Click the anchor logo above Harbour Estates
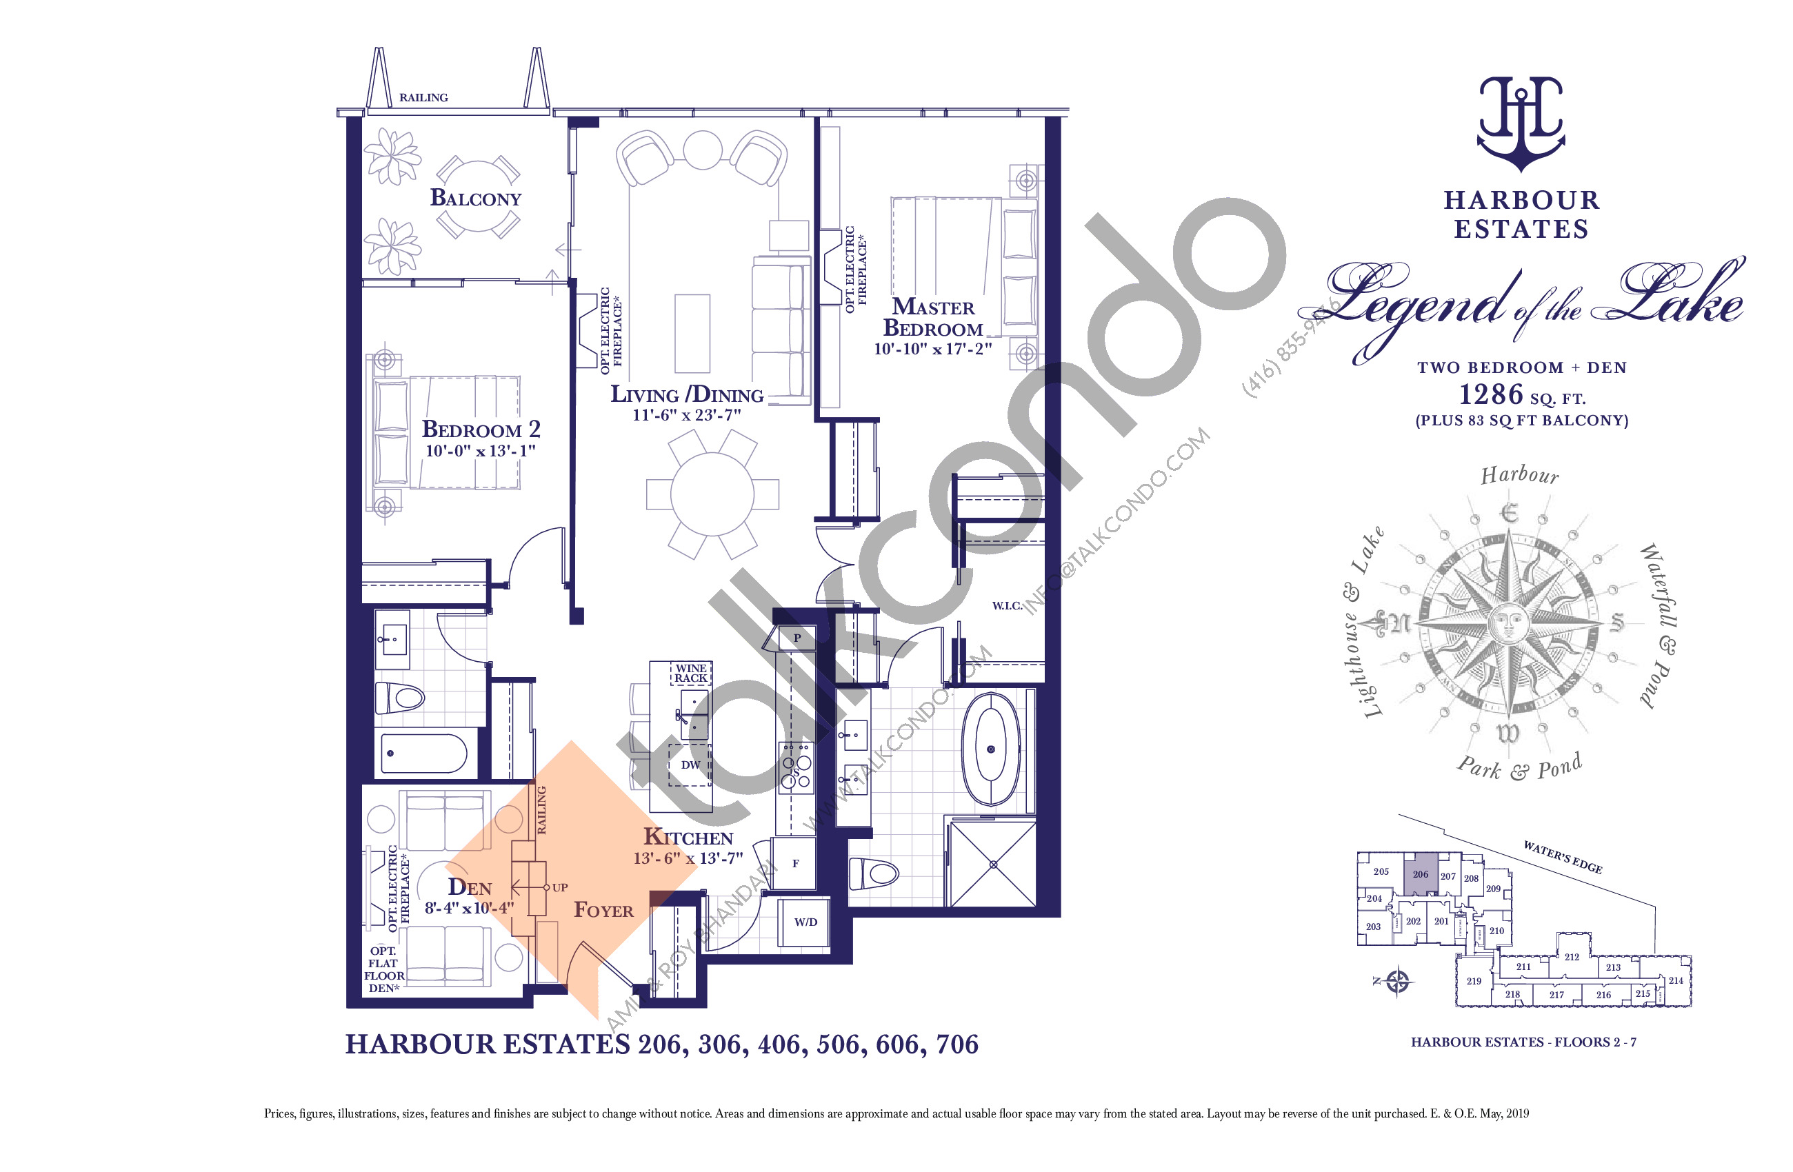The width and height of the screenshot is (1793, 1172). (1521, 124)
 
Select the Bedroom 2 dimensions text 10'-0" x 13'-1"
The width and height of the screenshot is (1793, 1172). (480, 451)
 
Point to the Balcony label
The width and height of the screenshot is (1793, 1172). (475, 199)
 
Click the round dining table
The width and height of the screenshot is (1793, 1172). (712, 494)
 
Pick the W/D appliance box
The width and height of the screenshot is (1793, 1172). (805, 922)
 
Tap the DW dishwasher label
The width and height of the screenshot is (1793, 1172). (690, 765)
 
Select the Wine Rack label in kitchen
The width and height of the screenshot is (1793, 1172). (691, 674)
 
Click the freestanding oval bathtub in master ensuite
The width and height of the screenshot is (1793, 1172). (991, 749)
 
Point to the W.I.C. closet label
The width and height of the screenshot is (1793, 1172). (1006, 605)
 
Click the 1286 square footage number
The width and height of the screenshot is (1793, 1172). (1491, 394)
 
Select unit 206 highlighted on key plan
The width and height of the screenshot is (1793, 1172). (1420, 874)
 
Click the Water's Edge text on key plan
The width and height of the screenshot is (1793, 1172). (1563, 857)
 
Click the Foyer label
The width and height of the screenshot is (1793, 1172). (603, 911)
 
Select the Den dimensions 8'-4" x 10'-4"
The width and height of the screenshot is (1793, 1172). (468, 909)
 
